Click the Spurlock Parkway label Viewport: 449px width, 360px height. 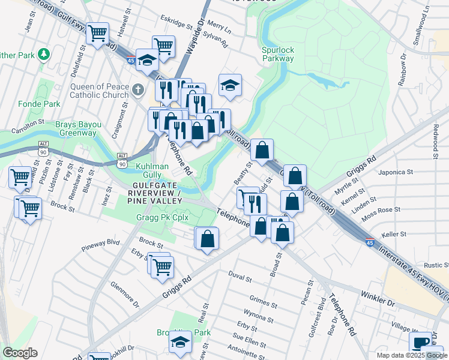pos(278,54)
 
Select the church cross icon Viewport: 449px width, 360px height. pos(137,90)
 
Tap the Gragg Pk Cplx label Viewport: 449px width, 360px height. pos(158,217)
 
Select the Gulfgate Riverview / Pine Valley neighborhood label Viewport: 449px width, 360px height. pos(154,197)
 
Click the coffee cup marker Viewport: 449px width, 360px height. pos(421,343)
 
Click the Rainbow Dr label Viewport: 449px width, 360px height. pos(404,63)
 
